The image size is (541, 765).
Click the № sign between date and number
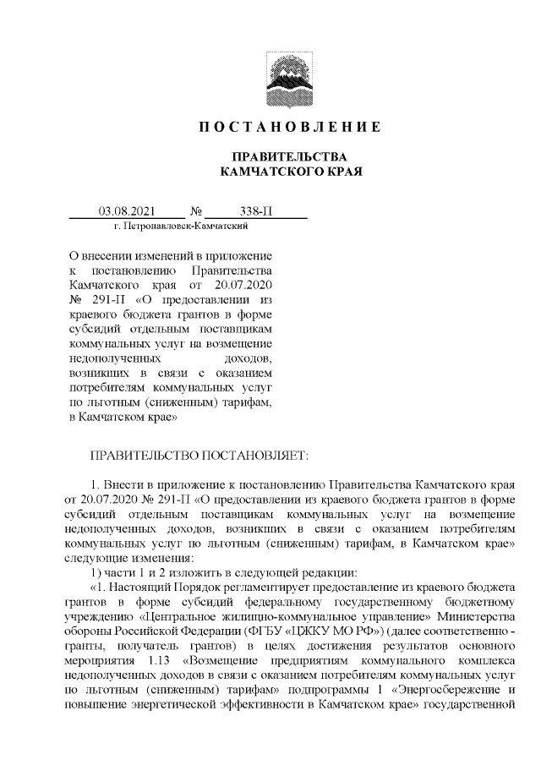tap(196, 211)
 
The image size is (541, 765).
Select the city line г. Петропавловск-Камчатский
tap(179, 227)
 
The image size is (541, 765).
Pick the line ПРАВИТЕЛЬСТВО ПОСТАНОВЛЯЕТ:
tap(199, 456)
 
